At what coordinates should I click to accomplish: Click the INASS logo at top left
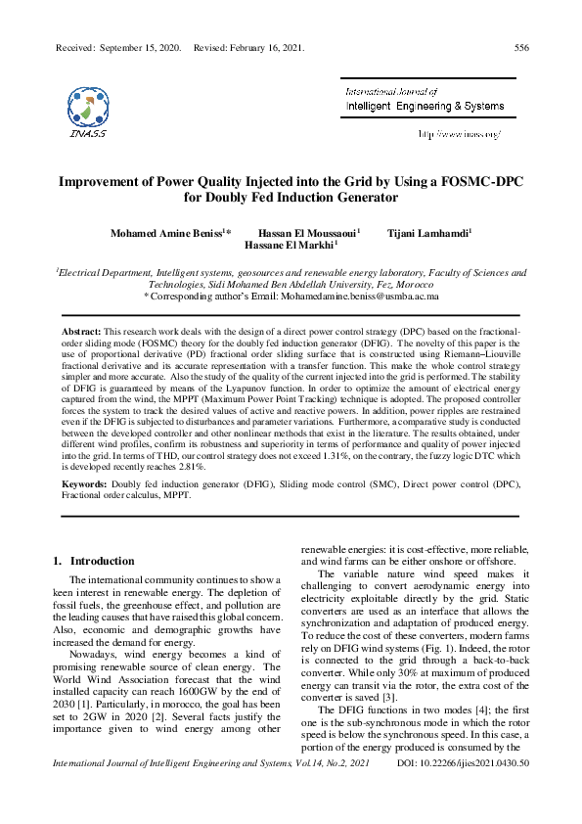tap(88, 111)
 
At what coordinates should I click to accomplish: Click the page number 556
tap(521, 47)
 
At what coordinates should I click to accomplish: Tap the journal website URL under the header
tap(459, 133)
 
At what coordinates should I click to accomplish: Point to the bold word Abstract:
tap(81, 333)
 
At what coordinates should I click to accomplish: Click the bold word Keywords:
tap(85, 484)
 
